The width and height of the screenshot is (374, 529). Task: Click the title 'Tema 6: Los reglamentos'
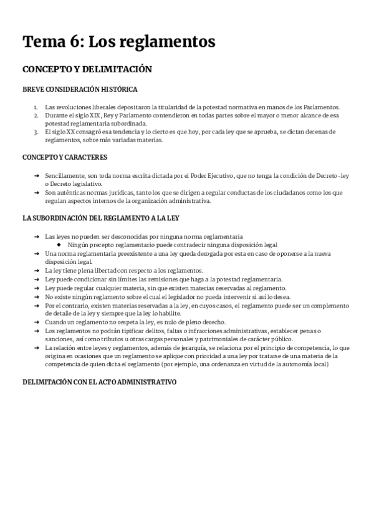click(119, 42)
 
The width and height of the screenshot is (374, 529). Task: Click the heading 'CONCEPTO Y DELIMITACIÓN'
click(87, 69)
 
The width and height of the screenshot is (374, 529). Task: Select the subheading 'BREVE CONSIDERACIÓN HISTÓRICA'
click(80, 89)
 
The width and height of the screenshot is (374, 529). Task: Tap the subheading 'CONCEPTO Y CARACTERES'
click(65, 157)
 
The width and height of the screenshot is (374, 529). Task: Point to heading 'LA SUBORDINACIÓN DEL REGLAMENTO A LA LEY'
click(101, 218)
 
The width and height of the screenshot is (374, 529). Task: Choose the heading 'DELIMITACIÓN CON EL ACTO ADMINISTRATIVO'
click(99, 381)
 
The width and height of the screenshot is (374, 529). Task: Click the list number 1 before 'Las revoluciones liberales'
click(36, 107)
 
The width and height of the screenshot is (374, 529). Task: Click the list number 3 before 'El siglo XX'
click(36, 132)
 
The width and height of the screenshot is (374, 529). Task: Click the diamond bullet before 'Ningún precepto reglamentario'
click(60, 245)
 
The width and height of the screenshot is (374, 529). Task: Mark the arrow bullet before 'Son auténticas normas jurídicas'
click(37, 193)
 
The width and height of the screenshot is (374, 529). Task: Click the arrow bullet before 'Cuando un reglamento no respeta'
click(37, 322)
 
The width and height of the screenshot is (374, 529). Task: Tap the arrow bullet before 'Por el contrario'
click(37, 306)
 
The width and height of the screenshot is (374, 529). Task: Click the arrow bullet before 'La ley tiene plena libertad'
click(37, 271)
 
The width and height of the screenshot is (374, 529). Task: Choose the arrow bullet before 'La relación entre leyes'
click(37, 347)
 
